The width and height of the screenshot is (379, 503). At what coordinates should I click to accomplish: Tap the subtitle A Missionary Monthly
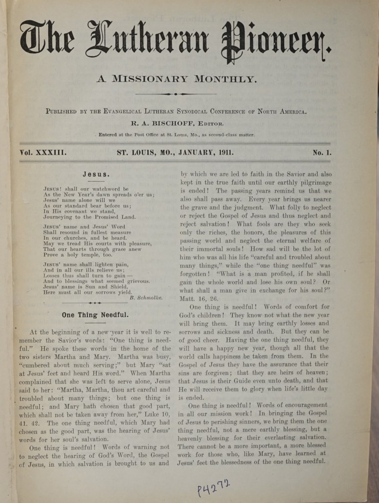[x=176, y=79]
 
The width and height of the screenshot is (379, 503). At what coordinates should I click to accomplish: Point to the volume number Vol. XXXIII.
[x=43, y=152]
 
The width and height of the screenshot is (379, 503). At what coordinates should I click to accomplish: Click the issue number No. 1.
[x=322, y=152]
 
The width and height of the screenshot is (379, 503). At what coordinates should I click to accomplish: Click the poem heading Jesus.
[x=96, y=174]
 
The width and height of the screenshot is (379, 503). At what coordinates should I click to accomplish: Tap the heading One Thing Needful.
[x=95, y=314]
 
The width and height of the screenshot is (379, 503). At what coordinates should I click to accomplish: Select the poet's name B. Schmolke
[x=146, y=298]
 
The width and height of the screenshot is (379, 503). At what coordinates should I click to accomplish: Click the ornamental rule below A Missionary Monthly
[x=176, y=93]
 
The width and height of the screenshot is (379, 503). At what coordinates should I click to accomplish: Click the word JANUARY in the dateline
[x=187, y=152]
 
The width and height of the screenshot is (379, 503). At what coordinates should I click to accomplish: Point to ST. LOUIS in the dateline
[x=135, y=152]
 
